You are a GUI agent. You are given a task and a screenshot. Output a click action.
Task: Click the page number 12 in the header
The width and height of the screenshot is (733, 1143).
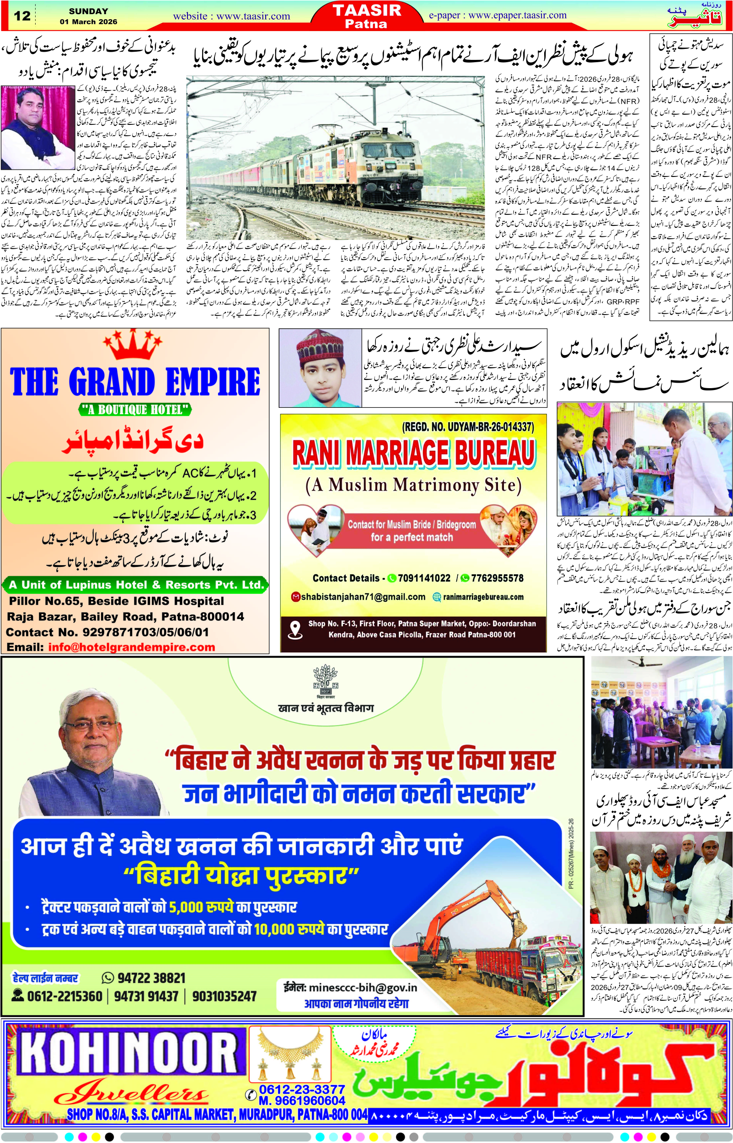click(22, 16)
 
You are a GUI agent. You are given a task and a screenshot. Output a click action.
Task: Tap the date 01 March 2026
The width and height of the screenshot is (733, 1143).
click(88, 22)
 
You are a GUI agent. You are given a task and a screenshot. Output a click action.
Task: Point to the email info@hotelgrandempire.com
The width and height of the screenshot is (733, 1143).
click(131, 647)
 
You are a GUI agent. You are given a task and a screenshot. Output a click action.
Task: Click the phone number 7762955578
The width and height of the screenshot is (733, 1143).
click(497, 578)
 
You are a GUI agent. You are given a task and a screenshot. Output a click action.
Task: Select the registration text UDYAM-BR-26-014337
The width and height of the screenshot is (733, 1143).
click(490, 427)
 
